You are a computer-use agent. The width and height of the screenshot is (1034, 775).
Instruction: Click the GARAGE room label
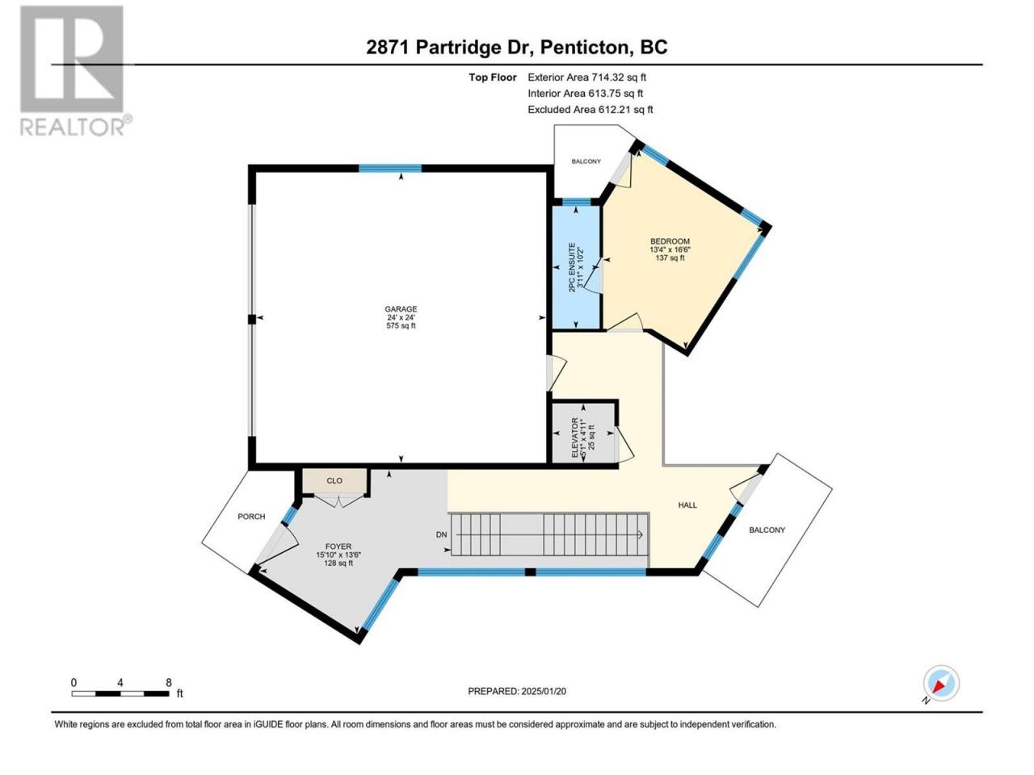coord(401,309)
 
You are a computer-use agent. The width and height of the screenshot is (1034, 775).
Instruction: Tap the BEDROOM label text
coord(670,241)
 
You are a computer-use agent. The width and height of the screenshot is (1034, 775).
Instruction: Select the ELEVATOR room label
coord(574,438)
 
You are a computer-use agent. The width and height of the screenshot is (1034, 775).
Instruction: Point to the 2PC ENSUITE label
coord(572,267)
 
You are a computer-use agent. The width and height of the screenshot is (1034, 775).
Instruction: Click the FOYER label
coord(338,547)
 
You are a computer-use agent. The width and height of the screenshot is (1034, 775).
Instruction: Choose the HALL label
coord(687,505)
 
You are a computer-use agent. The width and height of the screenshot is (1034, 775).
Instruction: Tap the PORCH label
coord(251,516)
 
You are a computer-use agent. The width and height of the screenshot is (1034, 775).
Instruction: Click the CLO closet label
coord(334,480)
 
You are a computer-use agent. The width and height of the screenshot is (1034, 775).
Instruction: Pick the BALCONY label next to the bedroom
coord(586,161)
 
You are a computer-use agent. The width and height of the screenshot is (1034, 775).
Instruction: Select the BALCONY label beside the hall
coord(767,530)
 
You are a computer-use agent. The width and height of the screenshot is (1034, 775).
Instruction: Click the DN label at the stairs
coord(441,535)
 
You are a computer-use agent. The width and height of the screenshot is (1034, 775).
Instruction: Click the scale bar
coord(120,693)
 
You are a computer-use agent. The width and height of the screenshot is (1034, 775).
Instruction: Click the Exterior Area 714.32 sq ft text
coord(587,77)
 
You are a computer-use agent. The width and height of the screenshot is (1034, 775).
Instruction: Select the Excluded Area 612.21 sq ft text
coord(591,110)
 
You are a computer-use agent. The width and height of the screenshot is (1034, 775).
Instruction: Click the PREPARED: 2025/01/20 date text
coord(517,691)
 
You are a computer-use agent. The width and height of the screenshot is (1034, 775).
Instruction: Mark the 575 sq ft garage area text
coord(401,325)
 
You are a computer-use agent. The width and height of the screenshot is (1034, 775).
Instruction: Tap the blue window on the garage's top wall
coord(390,169)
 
